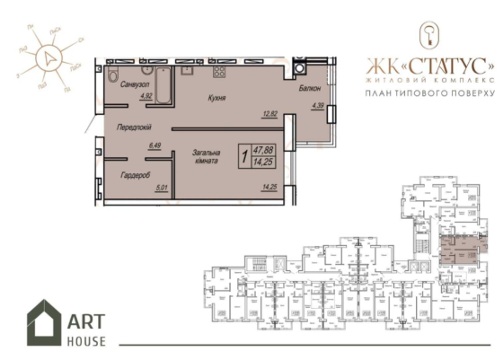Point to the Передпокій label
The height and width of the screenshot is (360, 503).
[135, 127]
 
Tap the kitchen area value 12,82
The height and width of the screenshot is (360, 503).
[269, 114]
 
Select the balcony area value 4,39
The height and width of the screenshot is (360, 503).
[318, 106]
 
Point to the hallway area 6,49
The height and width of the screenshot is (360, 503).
[153, 144]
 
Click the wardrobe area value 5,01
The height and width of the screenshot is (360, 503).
[163, 187]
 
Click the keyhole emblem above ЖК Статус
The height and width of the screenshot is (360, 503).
[428, 35]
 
